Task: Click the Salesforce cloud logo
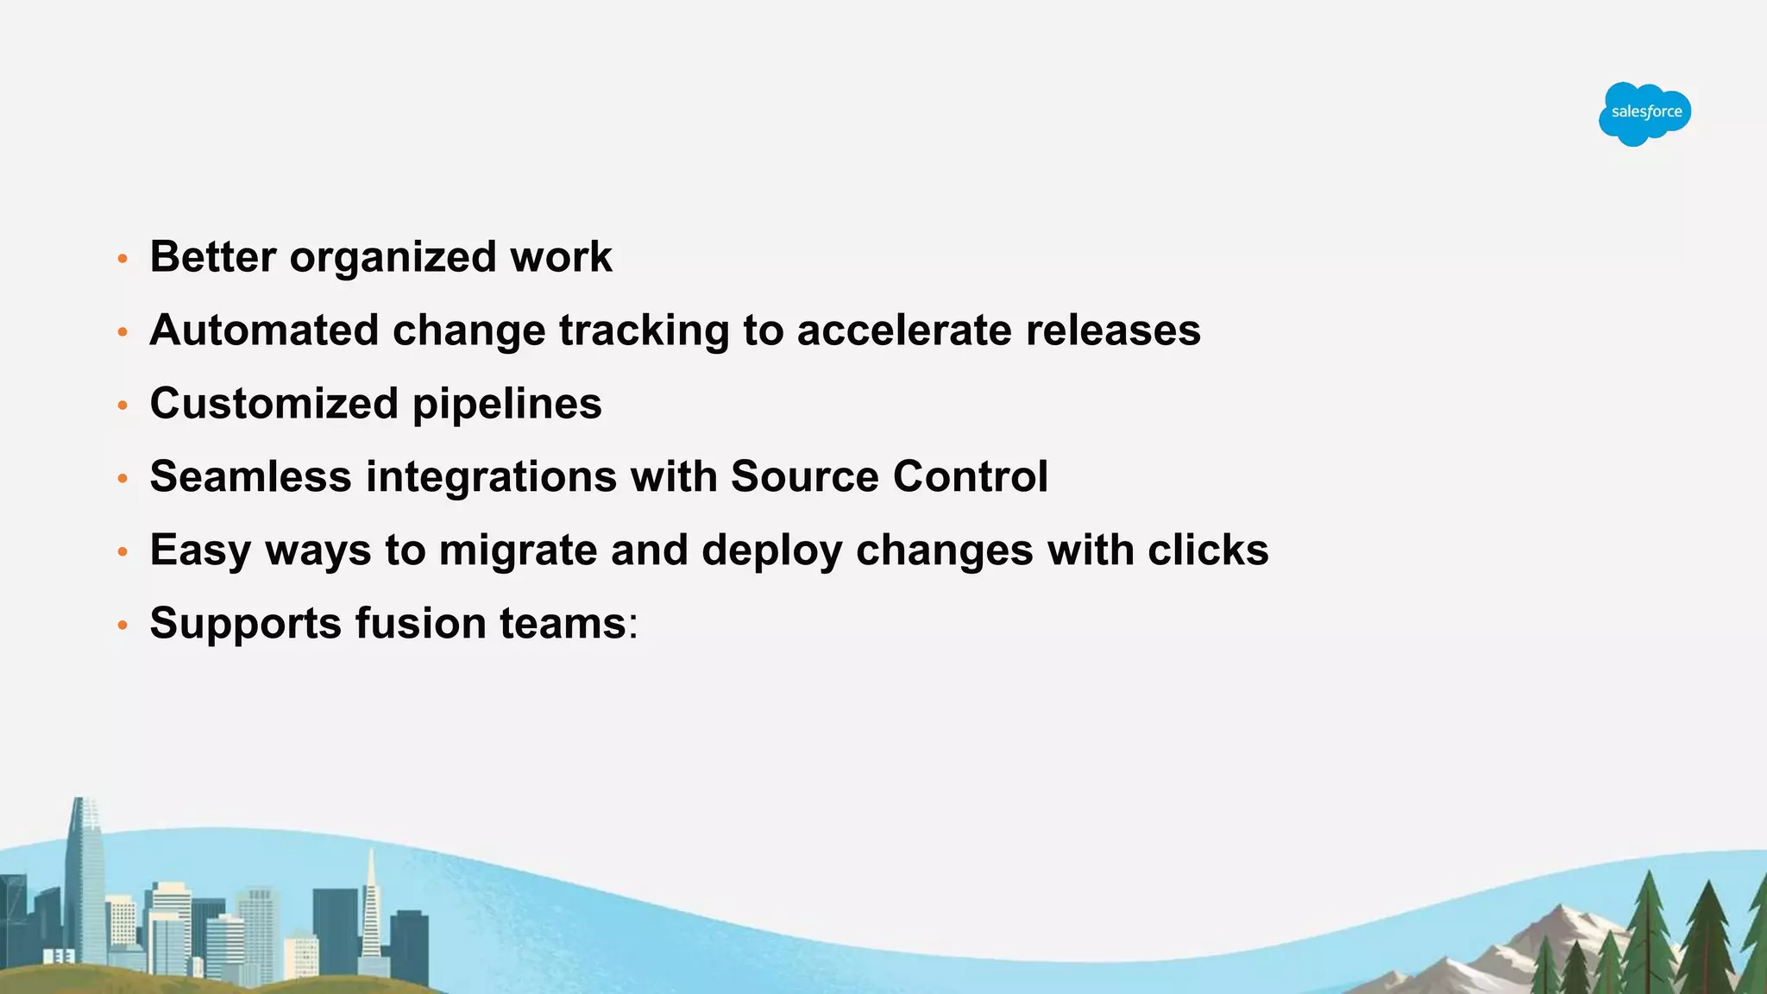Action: click(x=1644, y=113)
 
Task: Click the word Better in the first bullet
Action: click(x=213, y=256)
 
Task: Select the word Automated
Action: click(x=264, y=330)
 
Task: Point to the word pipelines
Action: click(x=506, y=405)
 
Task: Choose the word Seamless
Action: click(x=250, y=476)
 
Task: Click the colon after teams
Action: click(x=633, y=626)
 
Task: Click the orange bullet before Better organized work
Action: click(x=123, y=259)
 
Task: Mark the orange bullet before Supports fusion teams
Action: click(x=123, y=625)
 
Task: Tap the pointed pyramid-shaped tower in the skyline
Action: click(x=371, y=906)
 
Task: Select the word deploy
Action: click(x=771, y=551)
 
